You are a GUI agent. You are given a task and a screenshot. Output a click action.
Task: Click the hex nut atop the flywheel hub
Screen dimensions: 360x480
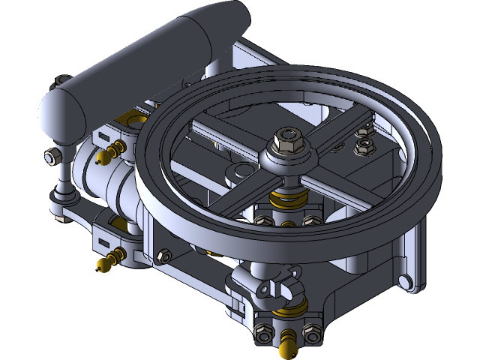coord(289,139)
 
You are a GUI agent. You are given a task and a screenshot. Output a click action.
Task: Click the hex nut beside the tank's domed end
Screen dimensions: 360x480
coord(51,157)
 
